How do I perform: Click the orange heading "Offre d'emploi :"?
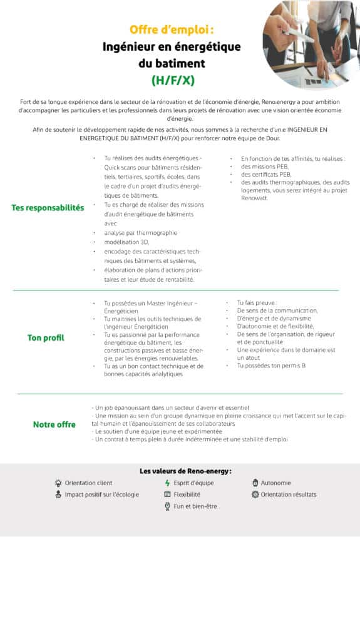(x=172, y=29)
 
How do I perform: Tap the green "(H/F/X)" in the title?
(x=172, y=80)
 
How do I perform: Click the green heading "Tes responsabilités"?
(x=48, y=208)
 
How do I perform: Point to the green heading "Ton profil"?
(x=46, y=338)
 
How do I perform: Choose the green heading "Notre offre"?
(x=54, y=424)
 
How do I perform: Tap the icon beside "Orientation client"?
(x=58, y=483)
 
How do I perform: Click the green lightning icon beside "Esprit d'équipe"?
(x=167, y=483)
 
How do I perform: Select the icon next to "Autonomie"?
(x=255, y=483)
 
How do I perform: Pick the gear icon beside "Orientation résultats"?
(x=255, y=495)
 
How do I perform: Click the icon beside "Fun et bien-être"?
(x=167, y=506)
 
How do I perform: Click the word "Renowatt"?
(x=254, y=198)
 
